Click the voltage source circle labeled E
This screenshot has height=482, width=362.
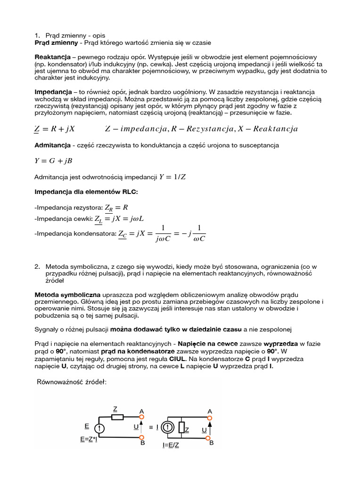coord(100,428)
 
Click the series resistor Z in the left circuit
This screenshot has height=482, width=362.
coord(117,417)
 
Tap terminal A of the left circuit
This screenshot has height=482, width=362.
coord(141,418)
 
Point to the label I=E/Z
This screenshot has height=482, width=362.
coord(171,445)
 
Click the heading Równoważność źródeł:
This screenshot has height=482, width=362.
coord(72,382)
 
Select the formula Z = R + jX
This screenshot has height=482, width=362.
coord(55,129)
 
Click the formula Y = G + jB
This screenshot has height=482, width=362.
coord(53,161)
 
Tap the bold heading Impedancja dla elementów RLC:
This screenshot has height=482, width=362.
coord(86,192)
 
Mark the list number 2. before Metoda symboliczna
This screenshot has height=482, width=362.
coord(37,266)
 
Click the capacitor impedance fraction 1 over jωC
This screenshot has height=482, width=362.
coord(163,234)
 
